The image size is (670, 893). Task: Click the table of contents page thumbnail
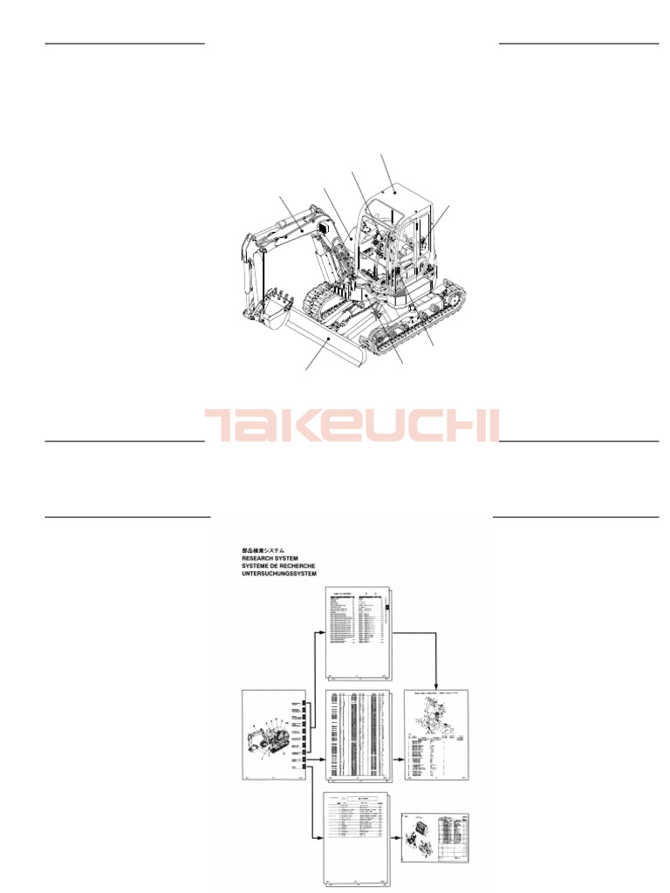358,632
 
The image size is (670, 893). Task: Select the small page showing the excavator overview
274,734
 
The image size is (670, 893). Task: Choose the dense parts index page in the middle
358,734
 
